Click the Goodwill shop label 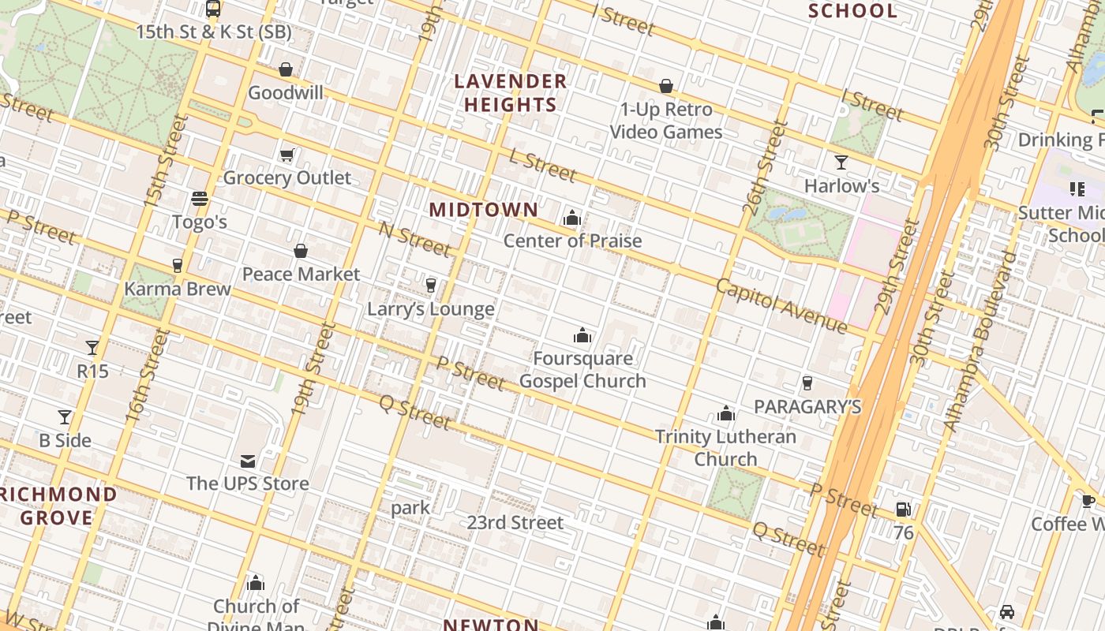tap(286, 93)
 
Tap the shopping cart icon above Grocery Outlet tap(287, 155)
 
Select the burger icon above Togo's tap(200, 199)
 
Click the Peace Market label tap(301, 274)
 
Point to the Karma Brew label tap(178, 289)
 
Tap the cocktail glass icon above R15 tap(92, 347)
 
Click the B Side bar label tap(66, 440)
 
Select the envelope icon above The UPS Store tap(248, 461)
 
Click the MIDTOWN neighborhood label tap(484, 210)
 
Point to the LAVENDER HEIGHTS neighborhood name tap(511, 93)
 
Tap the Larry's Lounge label tap(431, 309)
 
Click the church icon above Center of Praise tap(572, 218)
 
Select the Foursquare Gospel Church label tap(582, 370)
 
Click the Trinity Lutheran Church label tap(725, 448)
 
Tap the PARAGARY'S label tap(807, 407)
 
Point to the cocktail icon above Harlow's tap(841, 162)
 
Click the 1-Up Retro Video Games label tap(667, 121)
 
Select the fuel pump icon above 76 tap(903, 510)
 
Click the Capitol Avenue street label tap(781, 306)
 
